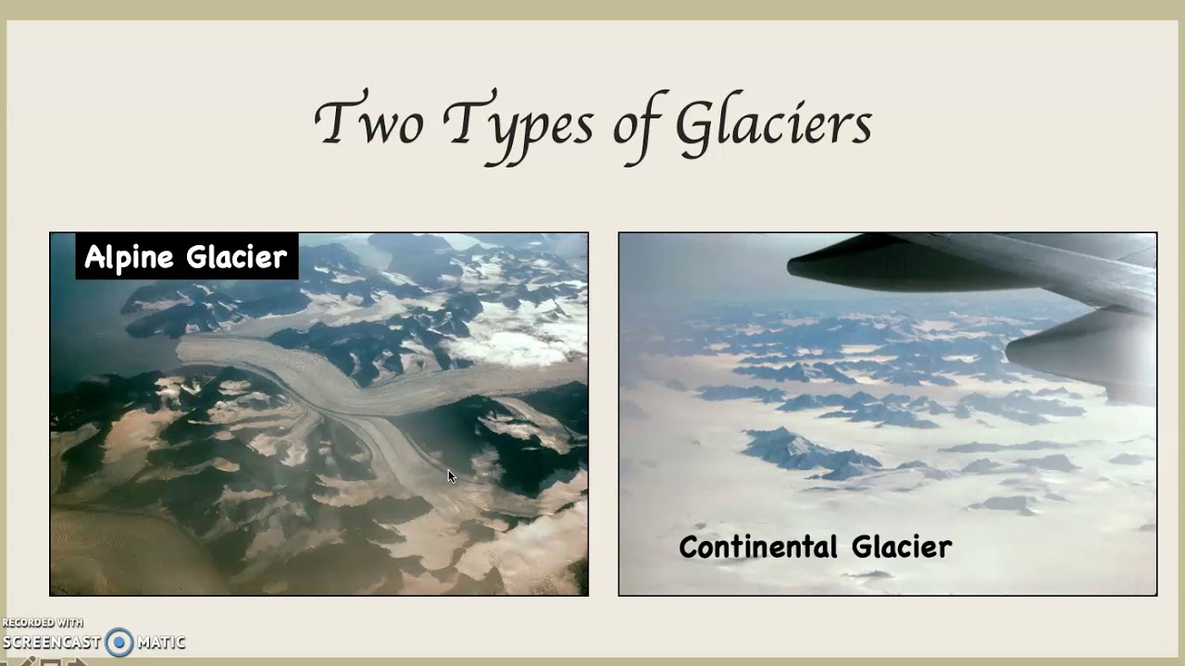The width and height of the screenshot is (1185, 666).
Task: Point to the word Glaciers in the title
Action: [773, 125]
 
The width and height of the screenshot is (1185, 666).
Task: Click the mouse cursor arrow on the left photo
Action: [451, 475]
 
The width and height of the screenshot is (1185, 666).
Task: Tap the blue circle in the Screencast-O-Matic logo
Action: [119, 642]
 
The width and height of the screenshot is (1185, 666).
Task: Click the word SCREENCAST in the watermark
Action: [52, 642]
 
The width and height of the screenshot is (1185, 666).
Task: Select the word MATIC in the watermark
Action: [161, 642]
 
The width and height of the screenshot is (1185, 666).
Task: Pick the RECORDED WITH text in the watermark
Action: [43, 623]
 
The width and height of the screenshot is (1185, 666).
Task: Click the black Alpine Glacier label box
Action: [186, 256]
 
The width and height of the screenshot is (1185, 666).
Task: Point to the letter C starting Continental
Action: [689, 547]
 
